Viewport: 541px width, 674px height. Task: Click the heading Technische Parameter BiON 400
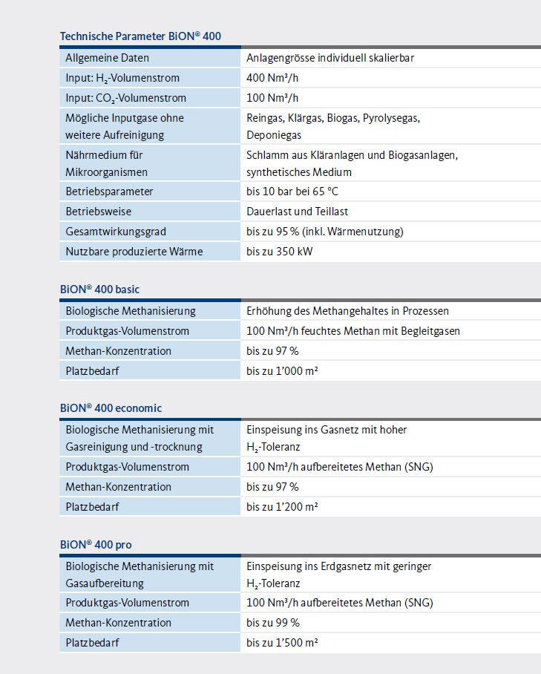click(x=140, y=36)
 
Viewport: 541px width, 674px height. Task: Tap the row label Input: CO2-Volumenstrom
click(x=125, y=98)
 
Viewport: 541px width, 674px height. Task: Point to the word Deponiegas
click(x=274, y=135)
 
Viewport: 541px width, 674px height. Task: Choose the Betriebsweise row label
click(x=99, y=212)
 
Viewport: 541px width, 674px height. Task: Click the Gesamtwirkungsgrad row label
click(x=116, y=232)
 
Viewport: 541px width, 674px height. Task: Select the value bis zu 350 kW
click(x=280, y=252)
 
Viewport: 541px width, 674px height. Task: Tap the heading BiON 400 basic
click(x=99, y=289)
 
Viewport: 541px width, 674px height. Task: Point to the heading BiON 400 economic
click(x=111, y=408)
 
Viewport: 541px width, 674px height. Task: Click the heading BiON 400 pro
click(x=96, y=545)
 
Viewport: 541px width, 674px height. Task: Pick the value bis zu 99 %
click(x=273, y=623)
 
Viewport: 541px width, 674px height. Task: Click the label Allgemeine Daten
click(x=107, y=58)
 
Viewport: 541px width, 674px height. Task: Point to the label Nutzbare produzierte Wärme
click(x=134, y=252)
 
